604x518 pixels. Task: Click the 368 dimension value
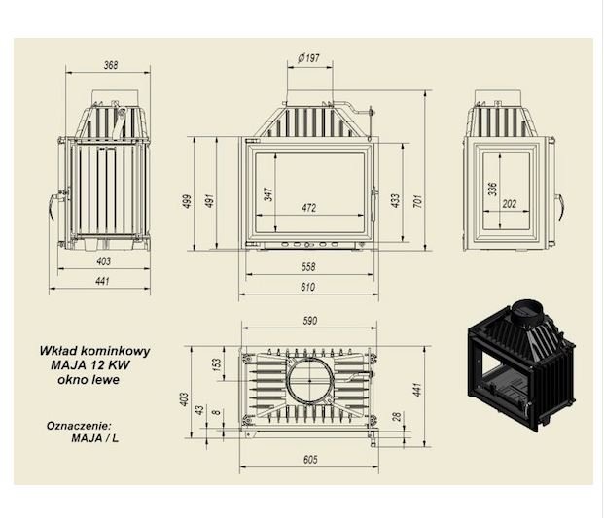coord(111,65)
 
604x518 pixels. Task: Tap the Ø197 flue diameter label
coord(308,58)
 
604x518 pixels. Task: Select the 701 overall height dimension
coord(418,201)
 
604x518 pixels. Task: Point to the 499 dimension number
coord(187,201)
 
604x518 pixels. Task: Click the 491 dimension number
coord(210,201)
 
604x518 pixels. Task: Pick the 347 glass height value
coord(268,194)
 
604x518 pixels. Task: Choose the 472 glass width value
coord(309,208)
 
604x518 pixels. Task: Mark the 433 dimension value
coord(395,201)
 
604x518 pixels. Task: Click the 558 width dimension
coord(308,266)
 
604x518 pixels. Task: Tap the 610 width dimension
coord(308,287)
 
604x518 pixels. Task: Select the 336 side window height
coord(493,189)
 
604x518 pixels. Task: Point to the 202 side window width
coord(509,203)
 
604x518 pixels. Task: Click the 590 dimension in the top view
coord(310,321)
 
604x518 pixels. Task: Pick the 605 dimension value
coord(310,459)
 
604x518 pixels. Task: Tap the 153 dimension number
coord(217,364)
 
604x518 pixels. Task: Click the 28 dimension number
coord(398,416)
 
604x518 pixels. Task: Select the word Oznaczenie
coord(79,426)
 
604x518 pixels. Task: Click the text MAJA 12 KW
coord(90,364)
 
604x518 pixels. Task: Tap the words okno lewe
coord(89,379)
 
